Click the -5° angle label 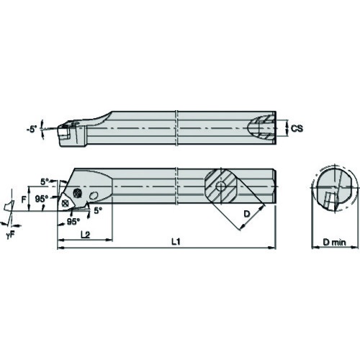pos(32,130)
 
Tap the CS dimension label pos(297,129)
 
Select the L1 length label pos(176,242)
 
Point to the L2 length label pos(85,235)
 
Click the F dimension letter pos(24,199)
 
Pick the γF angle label pos(11,235)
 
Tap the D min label pos(334,243)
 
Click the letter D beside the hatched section pos(246,214)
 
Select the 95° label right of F pos(42,199)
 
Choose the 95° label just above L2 pos(73,222)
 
